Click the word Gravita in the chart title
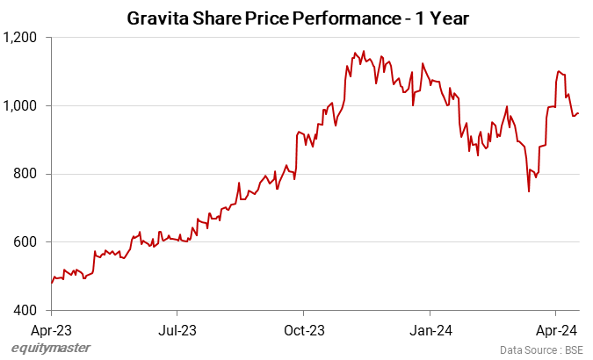pos(157,18)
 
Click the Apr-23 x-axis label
pos(51,331)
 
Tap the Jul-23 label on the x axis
pos(177,331)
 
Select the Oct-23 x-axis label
pos(303,331)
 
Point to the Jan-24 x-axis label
pos(430,331)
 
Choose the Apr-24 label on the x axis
pos(555,331)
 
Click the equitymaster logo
pos(51,349)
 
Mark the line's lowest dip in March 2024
pos(529,191)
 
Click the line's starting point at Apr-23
pos(52,283)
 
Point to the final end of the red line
pos(579,113)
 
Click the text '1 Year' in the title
pos(442,18)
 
